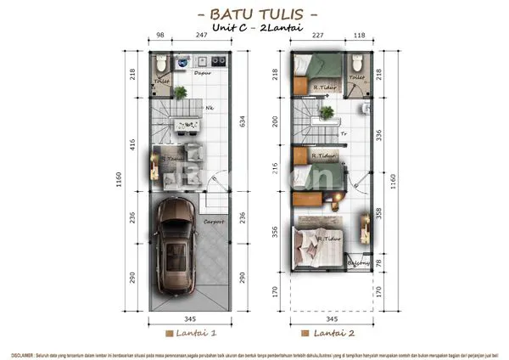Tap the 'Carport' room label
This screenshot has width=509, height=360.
pos(214,222)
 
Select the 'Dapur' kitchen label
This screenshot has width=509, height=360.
pos(202,73)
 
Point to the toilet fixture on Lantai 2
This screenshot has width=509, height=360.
pos(357,64)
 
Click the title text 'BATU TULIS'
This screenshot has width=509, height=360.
pos(255,14)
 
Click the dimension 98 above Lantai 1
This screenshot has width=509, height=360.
pos(160,37)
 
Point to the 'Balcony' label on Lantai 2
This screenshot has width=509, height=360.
pos(358,262)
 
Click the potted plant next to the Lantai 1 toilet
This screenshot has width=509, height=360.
pos(181,92)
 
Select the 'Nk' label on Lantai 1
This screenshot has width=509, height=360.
pos(209,108)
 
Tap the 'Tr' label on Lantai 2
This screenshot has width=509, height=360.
pos(342,133)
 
